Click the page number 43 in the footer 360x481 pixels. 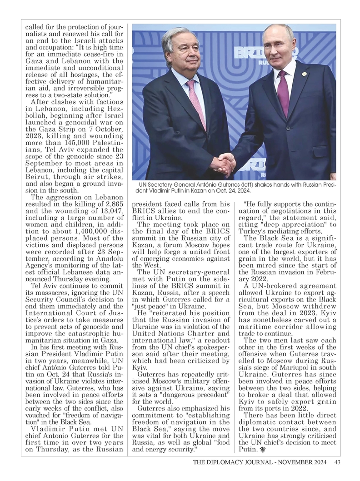coord(337,463)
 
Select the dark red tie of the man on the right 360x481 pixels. coord(283,93)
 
